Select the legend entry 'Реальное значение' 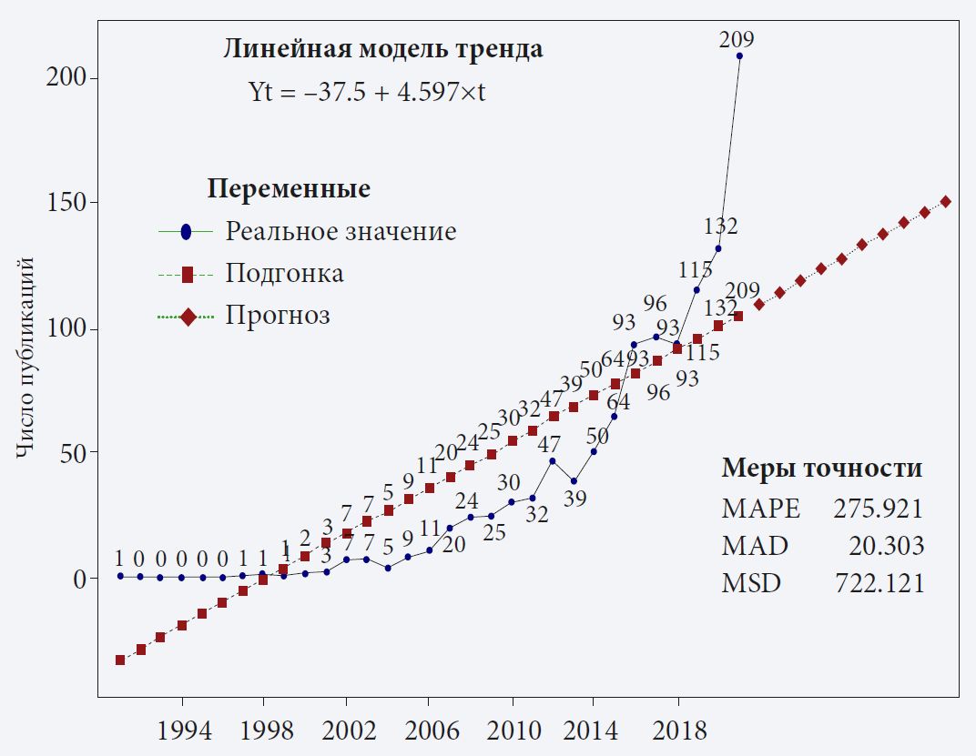tap(341, 231)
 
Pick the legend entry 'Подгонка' tap(284, 273)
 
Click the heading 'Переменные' tap(289, 189)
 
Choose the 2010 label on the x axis tap(512, 731)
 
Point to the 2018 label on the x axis tap(676, 731)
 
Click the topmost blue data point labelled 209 tap(739, 55)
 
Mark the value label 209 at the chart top tap(736, 39)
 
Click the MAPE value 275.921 tap(879, 509)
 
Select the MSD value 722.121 tap(879, 583)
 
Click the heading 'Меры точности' tap(822, 469)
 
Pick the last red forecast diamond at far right tap(945, 202)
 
